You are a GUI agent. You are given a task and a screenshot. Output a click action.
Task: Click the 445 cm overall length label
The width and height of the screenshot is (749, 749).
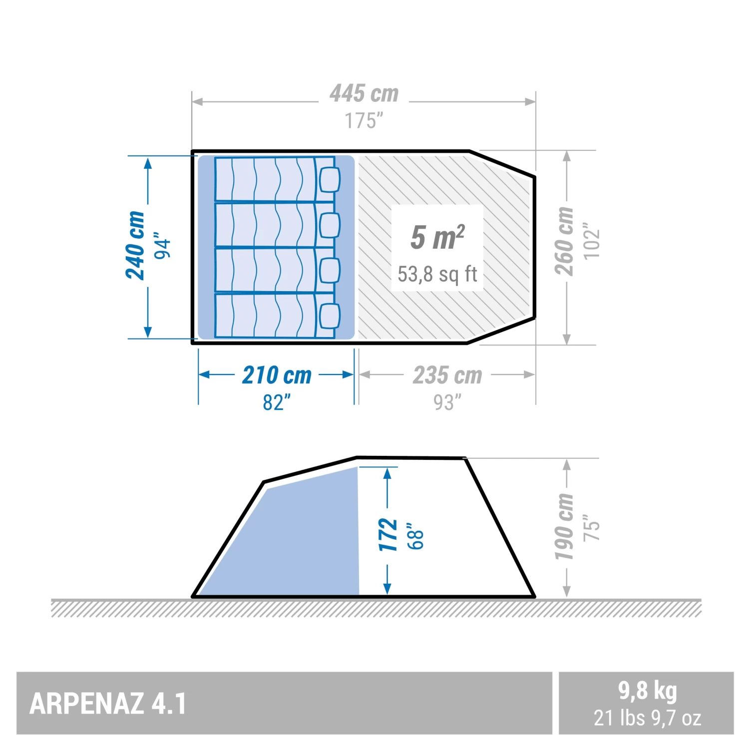tap(364, 94)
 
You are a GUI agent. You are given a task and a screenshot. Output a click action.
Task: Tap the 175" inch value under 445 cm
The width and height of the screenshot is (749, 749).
tap(364, 121)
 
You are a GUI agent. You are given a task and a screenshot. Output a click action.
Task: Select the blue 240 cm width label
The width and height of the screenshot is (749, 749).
tap(135, 245)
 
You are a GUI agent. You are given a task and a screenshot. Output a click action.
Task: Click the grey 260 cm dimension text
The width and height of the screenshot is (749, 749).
tap(565, 241)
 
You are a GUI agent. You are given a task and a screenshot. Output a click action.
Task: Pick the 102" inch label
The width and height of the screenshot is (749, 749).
tap(592, 241)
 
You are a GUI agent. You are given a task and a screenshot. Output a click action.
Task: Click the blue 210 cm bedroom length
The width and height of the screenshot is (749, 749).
tap(277, 375)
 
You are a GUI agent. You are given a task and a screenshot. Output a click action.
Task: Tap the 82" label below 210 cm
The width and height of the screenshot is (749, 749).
tap(277, 402)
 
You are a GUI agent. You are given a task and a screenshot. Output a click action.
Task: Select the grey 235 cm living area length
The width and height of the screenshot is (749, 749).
tap(447, 375)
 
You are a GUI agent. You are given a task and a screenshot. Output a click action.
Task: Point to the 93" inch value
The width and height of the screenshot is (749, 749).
tap(447, 402)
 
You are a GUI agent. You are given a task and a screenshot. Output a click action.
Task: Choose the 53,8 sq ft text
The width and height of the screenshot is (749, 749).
tap(437, 274)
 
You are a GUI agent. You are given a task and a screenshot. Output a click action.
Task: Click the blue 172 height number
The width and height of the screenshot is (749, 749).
tap(388, 535)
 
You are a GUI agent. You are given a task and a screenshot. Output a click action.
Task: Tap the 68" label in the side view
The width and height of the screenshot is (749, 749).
tap(415, 536)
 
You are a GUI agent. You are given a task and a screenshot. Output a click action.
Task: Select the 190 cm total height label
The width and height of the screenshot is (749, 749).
tap(564, 527)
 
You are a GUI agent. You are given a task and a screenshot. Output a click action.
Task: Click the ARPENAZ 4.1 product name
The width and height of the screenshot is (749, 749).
tap(108, 704)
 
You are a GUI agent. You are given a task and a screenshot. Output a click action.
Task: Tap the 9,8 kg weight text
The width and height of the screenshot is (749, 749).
tap(647, 691)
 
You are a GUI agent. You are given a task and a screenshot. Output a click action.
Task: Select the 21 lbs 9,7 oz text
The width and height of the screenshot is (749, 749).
tap(647, 718)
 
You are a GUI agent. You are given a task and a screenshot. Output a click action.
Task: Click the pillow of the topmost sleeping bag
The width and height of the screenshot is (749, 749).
tap(329, 179)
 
